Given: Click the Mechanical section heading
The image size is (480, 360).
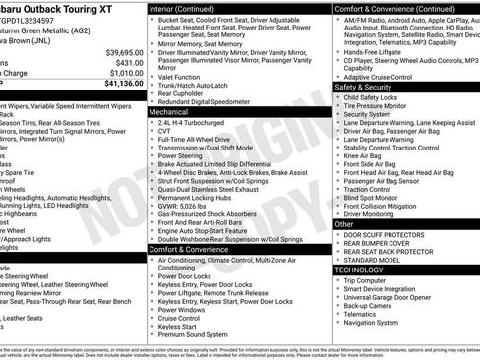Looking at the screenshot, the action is click(169, 113).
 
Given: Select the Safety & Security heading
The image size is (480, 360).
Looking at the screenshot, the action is click(373, 88).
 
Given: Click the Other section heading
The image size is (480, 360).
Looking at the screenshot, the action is click(345, 224).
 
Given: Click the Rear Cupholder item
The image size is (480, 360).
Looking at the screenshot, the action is click(183, 92).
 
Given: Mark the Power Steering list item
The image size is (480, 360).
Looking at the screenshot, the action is click(180, 154).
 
